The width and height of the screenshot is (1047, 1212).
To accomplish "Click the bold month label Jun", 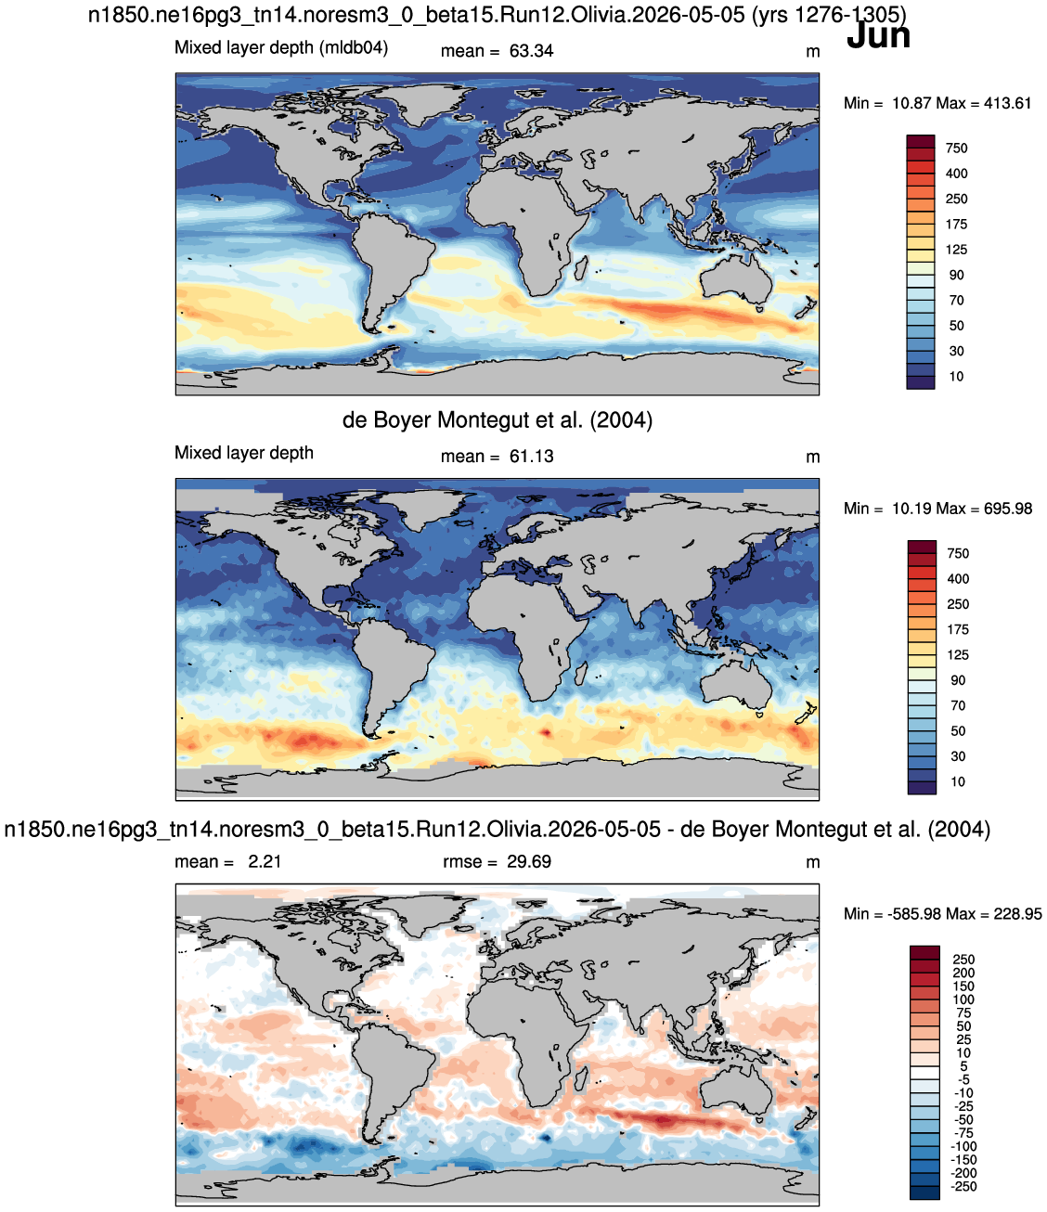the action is [x=878, y=36].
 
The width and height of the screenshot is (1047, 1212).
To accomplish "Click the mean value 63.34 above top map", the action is [x=531, y=51].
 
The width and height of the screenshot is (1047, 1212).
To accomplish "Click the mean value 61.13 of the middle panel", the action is [x=531, y=457].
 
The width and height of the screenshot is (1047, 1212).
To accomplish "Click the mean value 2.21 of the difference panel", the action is [x=265, y=861].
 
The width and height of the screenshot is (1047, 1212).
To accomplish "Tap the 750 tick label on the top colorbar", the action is [x=956, y=148].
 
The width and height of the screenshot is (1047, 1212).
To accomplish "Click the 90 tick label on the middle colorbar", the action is [x=957, y=680].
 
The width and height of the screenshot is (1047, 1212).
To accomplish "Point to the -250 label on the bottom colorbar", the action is [x=964, y=1186].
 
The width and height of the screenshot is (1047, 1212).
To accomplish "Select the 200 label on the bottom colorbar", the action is [x=963, y=973].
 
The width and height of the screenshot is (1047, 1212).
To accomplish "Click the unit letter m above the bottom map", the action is [x=812, y=862].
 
